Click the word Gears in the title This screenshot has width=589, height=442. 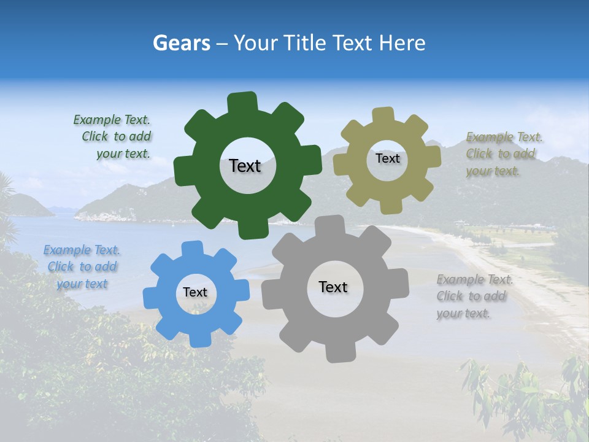(x=181, y=43)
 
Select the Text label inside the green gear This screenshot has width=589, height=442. (x=245, y=166)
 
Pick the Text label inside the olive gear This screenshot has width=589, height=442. (x=387, y=158)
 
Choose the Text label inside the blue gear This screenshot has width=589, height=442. (x=195, y=292)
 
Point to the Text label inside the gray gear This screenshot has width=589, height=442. (x=333, y=287)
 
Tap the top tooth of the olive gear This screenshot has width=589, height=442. (x=383, y=115)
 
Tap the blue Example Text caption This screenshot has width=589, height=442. (x=82, y=266)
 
